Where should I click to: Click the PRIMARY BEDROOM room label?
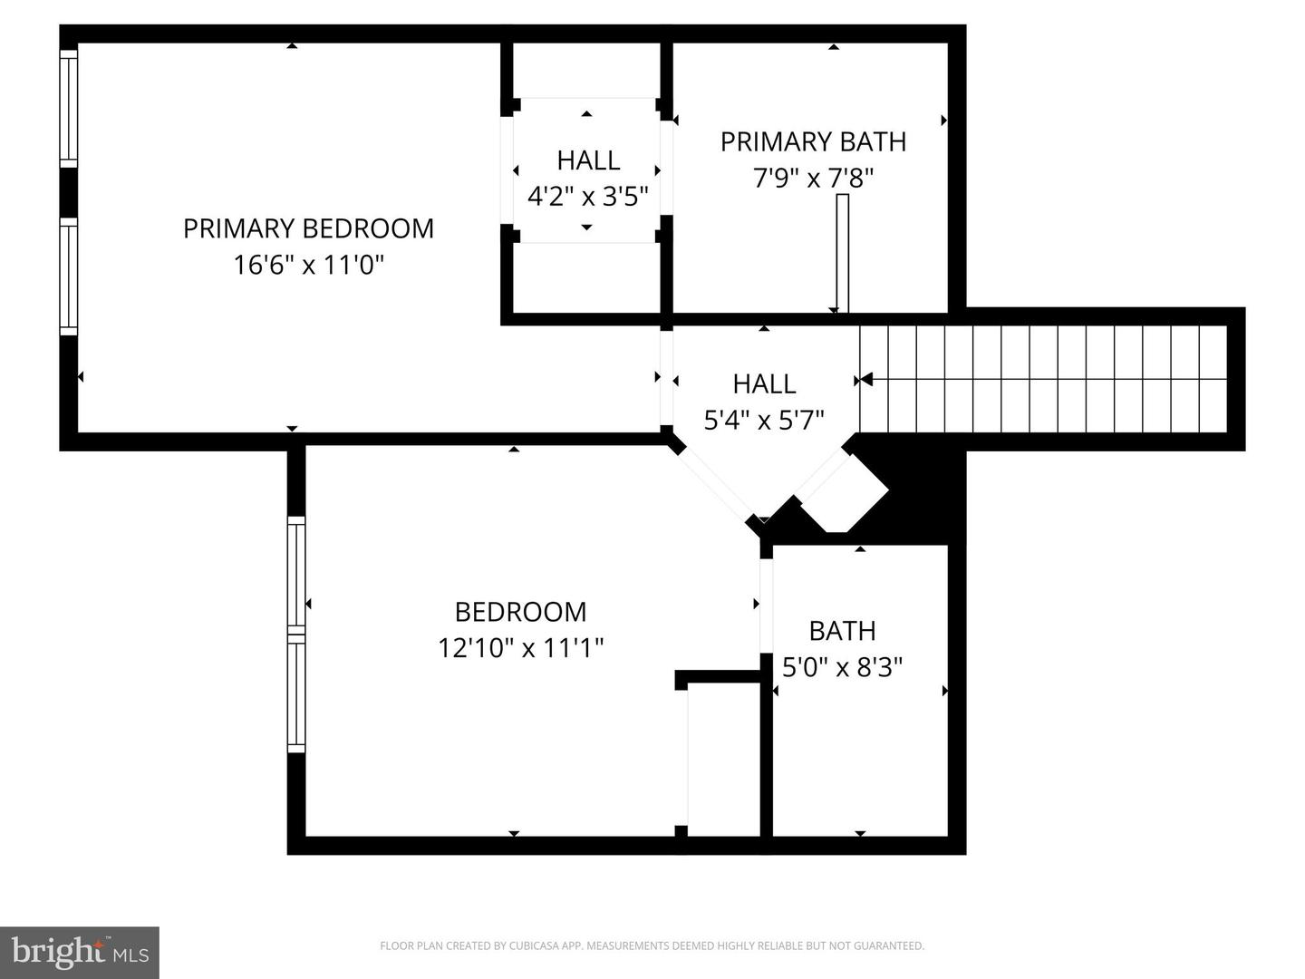[x=308, y=228]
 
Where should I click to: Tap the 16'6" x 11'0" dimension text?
[x=308, y=265]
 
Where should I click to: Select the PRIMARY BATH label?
[x=813, y=142]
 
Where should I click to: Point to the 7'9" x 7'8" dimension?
[x=813, y=178]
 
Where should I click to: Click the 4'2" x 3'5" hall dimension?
[x=587, y=196]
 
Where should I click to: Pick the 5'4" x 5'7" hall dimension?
[x=764, y=421]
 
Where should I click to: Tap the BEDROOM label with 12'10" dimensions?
[x=520, y=612]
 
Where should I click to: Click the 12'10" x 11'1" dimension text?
[x=521, y=648]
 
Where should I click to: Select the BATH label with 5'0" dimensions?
[x=843, y=631]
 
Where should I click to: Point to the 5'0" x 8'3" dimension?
[x=843, y=667]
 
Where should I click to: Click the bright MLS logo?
[x=80, y=953]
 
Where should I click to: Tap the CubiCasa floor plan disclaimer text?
[x=652, y=945]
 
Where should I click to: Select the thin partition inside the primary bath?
[x=843, y=253]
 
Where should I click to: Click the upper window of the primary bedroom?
[x=69, y=108]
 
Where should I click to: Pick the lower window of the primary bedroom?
[x=69, y=276]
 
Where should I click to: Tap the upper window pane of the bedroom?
[x=296, y=575]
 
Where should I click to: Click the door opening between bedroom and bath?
[x=767, y=606]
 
